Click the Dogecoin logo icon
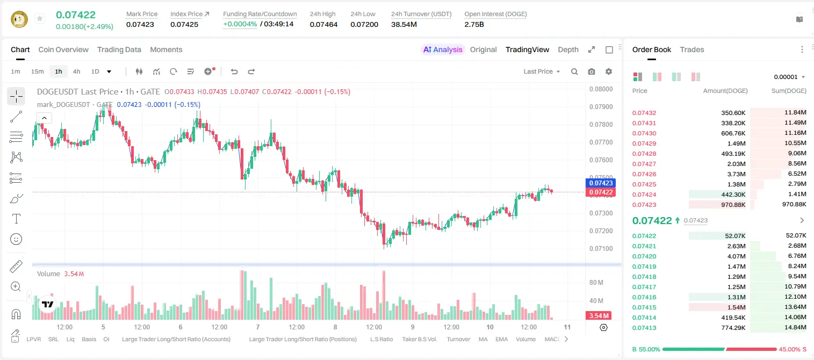tap(19, 19)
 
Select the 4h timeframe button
tap(76, 71)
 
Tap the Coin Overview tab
tap(63, 49)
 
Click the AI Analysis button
tap(443, 49)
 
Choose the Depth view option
tap(568, 49)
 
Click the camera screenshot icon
tap(592, 71)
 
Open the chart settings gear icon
tap(609, 71)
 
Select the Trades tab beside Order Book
tap(692, 49)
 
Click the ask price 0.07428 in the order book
tap(644, 154)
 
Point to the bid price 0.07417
tap(644, 287)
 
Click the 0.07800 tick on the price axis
tap(601, 125)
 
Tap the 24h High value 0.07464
tap(323, 24)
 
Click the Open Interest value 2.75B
tap(474, 24)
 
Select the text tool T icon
tap(16, 219)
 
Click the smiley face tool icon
tap(16, 239)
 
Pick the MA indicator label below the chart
tap(483, 339)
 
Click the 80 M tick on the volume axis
tap(596, 282)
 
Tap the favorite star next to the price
tap(40, 18)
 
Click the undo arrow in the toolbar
tap(234, 71)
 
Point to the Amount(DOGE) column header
tap(725, 91)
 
